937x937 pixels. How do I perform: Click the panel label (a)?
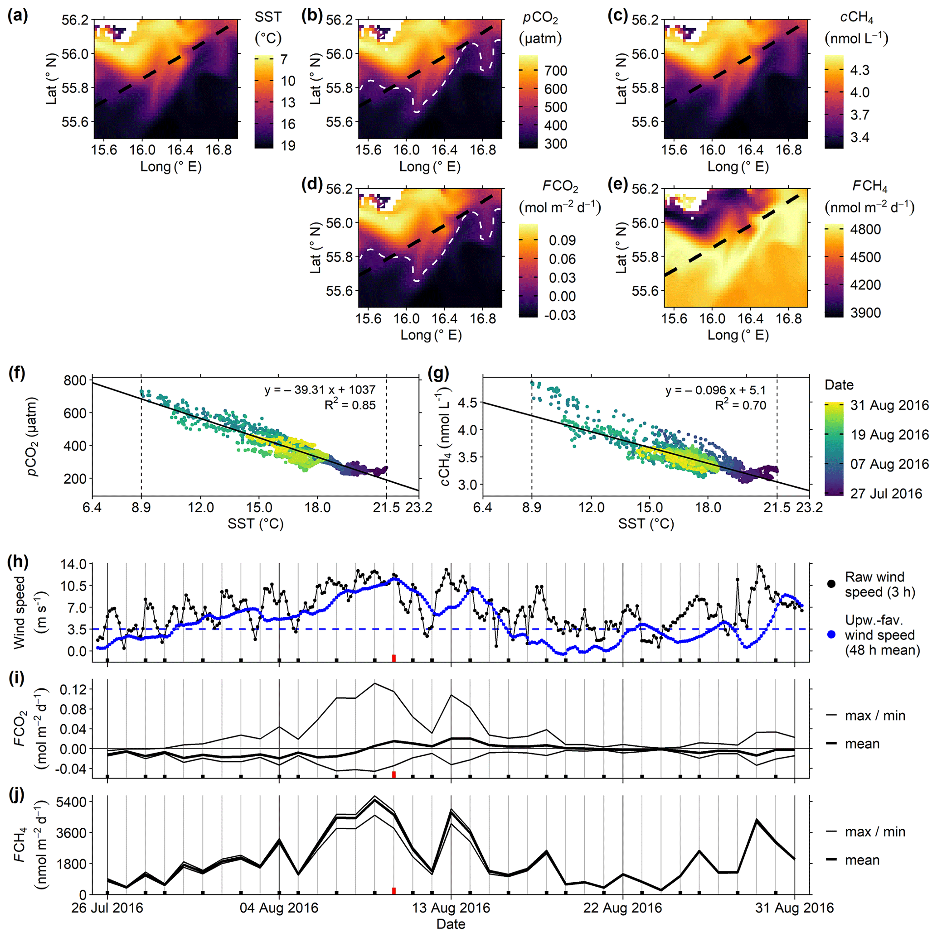pyautogui.click(x=18, y=16)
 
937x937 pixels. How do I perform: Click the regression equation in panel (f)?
pyautogui.click(x=320, y=390)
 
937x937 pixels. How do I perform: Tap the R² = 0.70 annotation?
pyautogui.click(x=740, y=405)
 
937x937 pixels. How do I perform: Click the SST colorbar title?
pyautogui.click(x=268, y=27)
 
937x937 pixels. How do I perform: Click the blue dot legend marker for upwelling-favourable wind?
pyautogui.click(x=832, y=634)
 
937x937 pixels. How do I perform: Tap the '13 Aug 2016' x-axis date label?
pyautogui.click(x=451, y=908)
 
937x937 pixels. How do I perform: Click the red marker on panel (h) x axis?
pyautogui.click(x=394, y=658)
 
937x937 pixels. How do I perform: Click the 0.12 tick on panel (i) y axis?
pyautogui.click(x=73, y=689)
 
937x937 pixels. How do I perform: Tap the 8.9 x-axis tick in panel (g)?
pyautogui.click(x=532, y=507)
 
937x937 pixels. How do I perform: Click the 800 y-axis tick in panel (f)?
pyautogui.click(x=74, y=380)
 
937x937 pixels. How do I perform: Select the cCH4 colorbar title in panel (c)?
pyautogui.click(x=856, y=27)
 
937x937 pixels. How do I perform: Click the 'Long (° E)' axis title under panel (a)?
pyautogui.click(x=171, y=166)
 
